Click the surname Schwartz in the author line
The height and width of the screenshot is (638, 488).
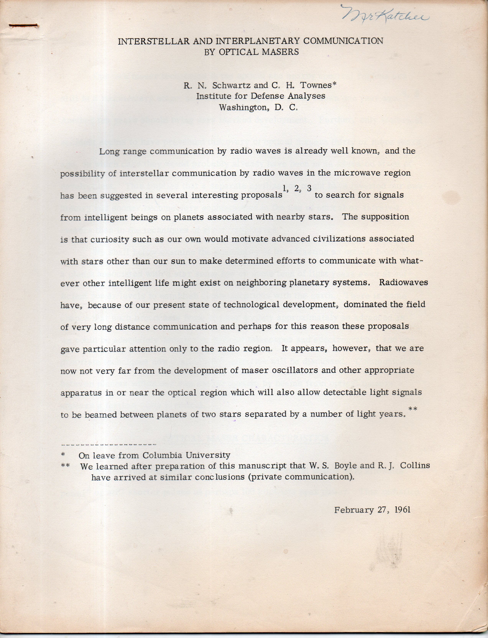(231, 85)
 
